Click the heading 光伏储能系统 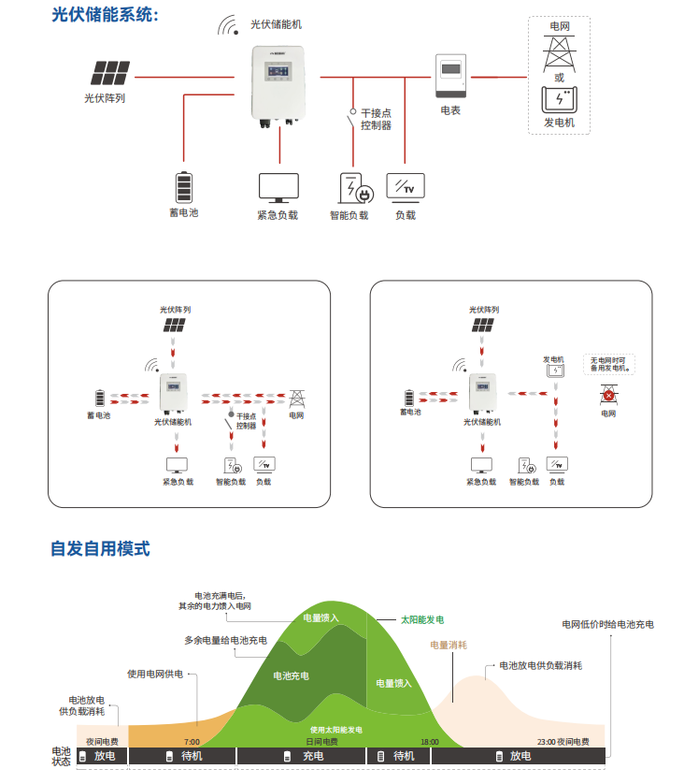coord(105,15)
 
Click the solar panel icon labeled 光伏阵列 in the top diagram coord(111,73)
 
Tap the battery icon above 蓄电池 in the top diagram coord(184,186)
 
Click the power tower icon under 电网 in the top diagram coord(559,52)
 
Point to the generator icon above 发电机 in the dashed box coord(559,99)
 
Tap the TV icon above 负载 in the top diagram coord(406,187)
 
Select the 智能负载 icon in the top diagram coord(355,188)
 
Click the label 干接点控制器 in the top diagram coord(376,119)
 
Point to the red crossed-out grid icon coord(608,396)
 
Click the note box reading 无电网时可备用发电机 coord(609,363)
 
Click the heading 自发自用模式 coord(100,549)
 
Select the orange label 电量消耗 coord(449,645)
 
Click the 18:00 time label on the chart coord(429,742)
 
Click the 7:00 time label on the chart coord(192,742)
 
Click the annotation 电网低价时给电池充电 coord(607,624)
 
